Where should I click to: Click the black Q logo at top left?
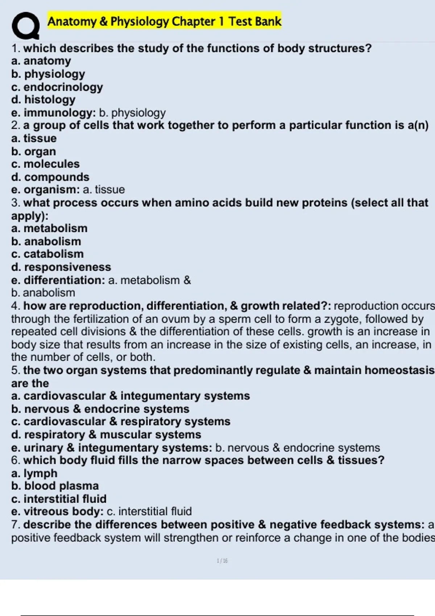click(25, 25)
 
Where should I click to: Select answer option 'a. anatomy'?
click(41, 61)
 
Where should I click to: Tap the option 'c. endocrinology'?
click(57, 87)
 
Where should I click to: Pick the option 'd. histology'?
click(43, 100)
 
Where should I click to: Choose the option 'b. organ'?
click(33, 151)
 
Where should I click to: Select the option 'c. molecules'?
click(45, 164)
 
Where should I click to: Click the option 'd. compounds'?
click(50, 177)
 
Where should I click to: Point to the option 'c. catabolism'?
click(47, 254)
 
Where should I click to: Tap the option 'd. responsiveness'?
click(61, 267)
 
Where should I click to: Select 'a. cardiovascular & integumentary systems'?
click(130, 396)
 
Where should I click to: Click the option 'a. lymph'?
click(34, 473)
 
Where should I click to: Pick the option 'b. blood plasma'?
click(55, 486)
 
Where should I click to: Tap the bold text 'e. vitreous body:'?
click(57, 512)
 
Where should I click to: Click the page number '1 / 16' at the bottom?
click(222, 561)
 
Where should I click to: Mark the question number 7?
click(15, 525)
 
